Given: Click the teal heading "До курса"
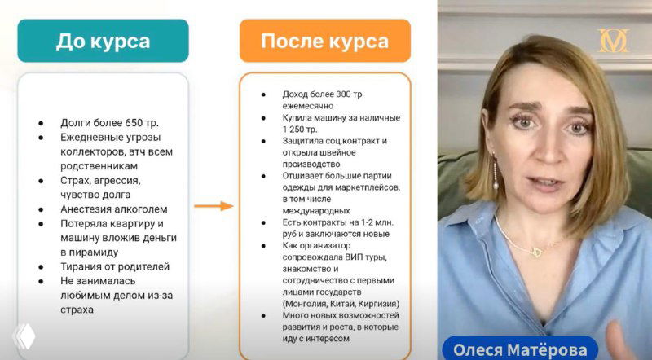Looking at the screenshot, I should point(103,42).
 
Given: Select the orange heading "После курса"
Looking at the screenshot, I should point(324,42).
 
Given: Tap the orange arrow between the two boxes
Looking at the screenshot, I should point(214,205).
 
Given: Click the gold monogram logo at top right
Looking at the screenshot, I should point(613,41).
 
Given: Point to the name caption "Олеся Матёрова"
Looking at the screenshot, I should point(521,349).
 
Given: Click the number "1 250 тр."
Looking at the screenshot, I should point(300,129).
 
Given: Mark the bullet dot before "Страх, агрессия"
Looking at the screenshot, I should point(41,180).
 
